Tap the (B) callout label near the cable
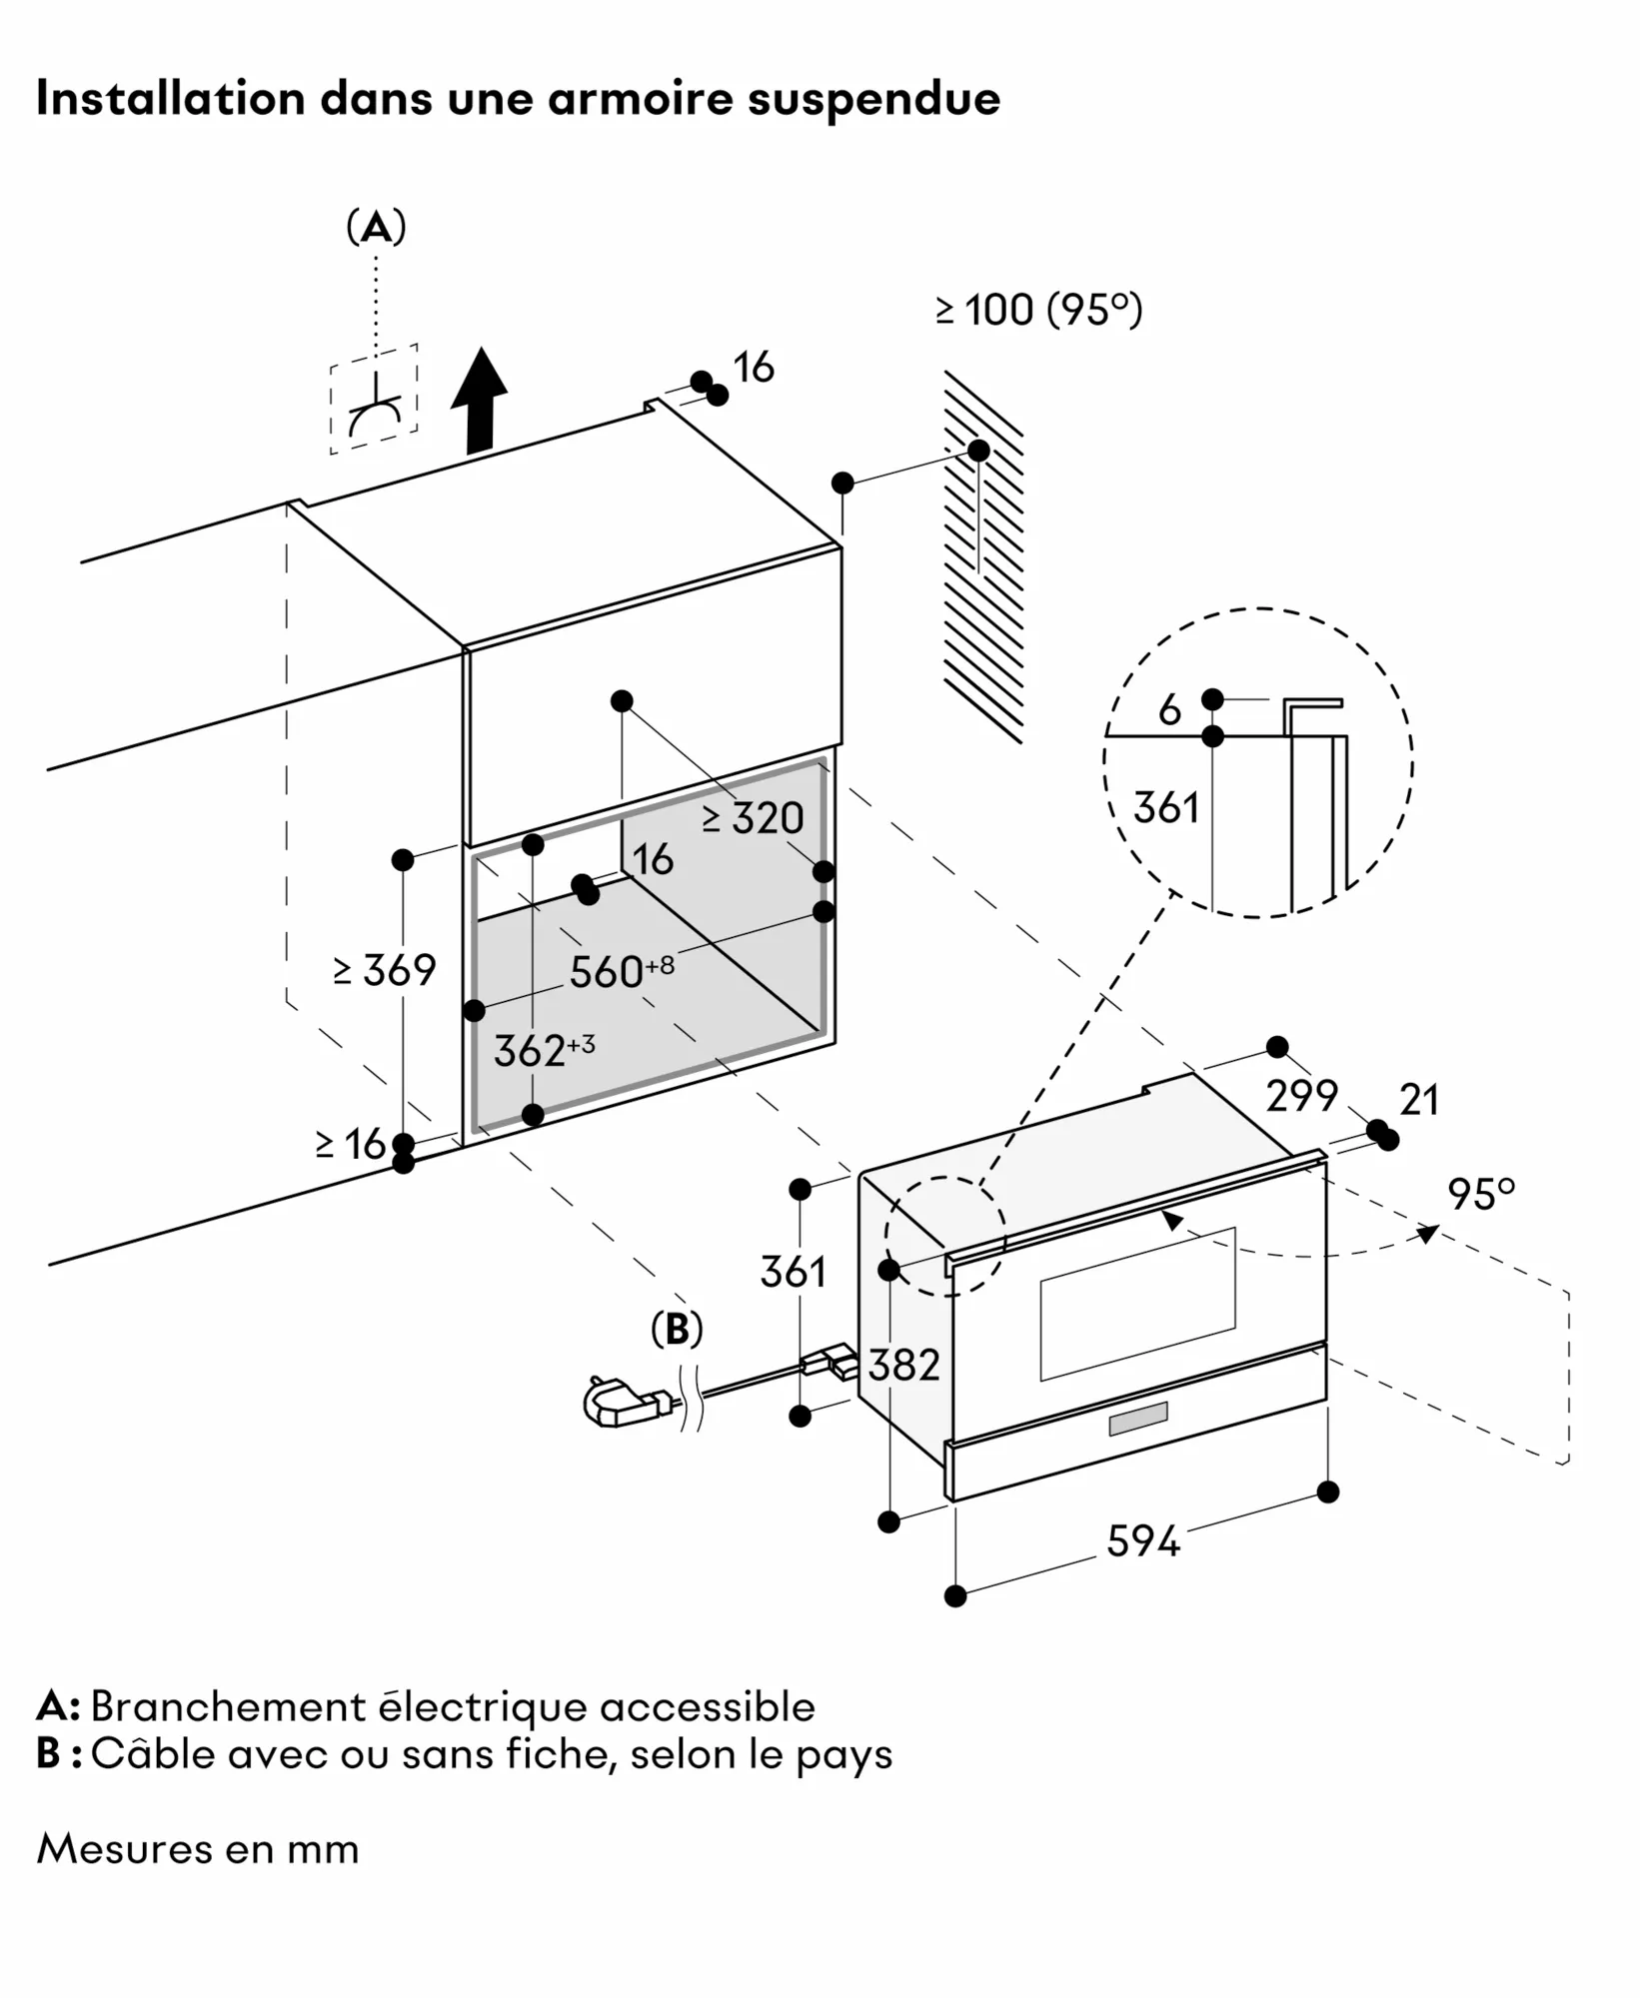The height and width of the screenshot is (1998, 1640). coord(677,1329)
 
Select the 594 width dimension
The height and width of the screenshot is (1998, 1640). coord(1142,1540)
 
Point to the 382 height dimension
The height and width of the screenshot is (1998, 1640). coord(903,1365)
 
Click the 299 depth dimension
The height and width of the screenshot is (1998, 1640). coord(1301,1096)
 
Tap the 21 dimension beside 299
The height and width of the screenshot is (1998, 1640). coord(1418,1100)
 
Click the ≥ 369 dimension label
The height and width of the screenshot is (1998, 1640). coord(386,970)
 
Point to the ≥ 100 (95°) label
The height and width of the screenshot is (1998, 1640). coord(1038,310)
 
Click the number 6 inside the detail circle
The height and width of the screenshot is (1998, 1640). coord(1169,710)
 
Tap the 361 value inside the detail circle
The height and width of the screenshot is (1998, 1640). coord(1166,807)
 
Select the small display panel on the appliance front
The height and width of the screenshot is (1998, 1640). coord(1137,1419)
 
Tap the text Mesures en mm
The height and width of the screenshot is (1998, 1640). coord(198,1849)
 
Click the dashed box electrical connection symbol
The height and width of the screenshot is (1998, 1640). coord(375,400)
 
